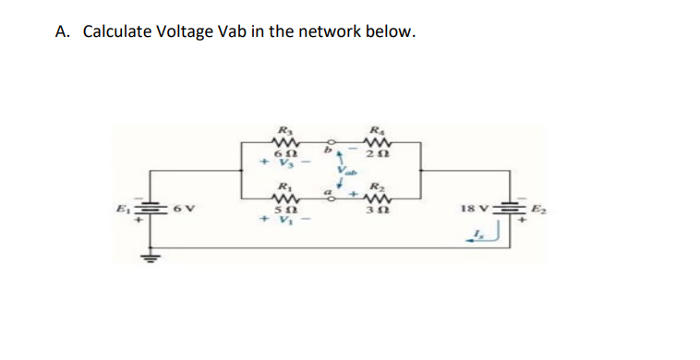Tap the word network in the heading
click(329, 32)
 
